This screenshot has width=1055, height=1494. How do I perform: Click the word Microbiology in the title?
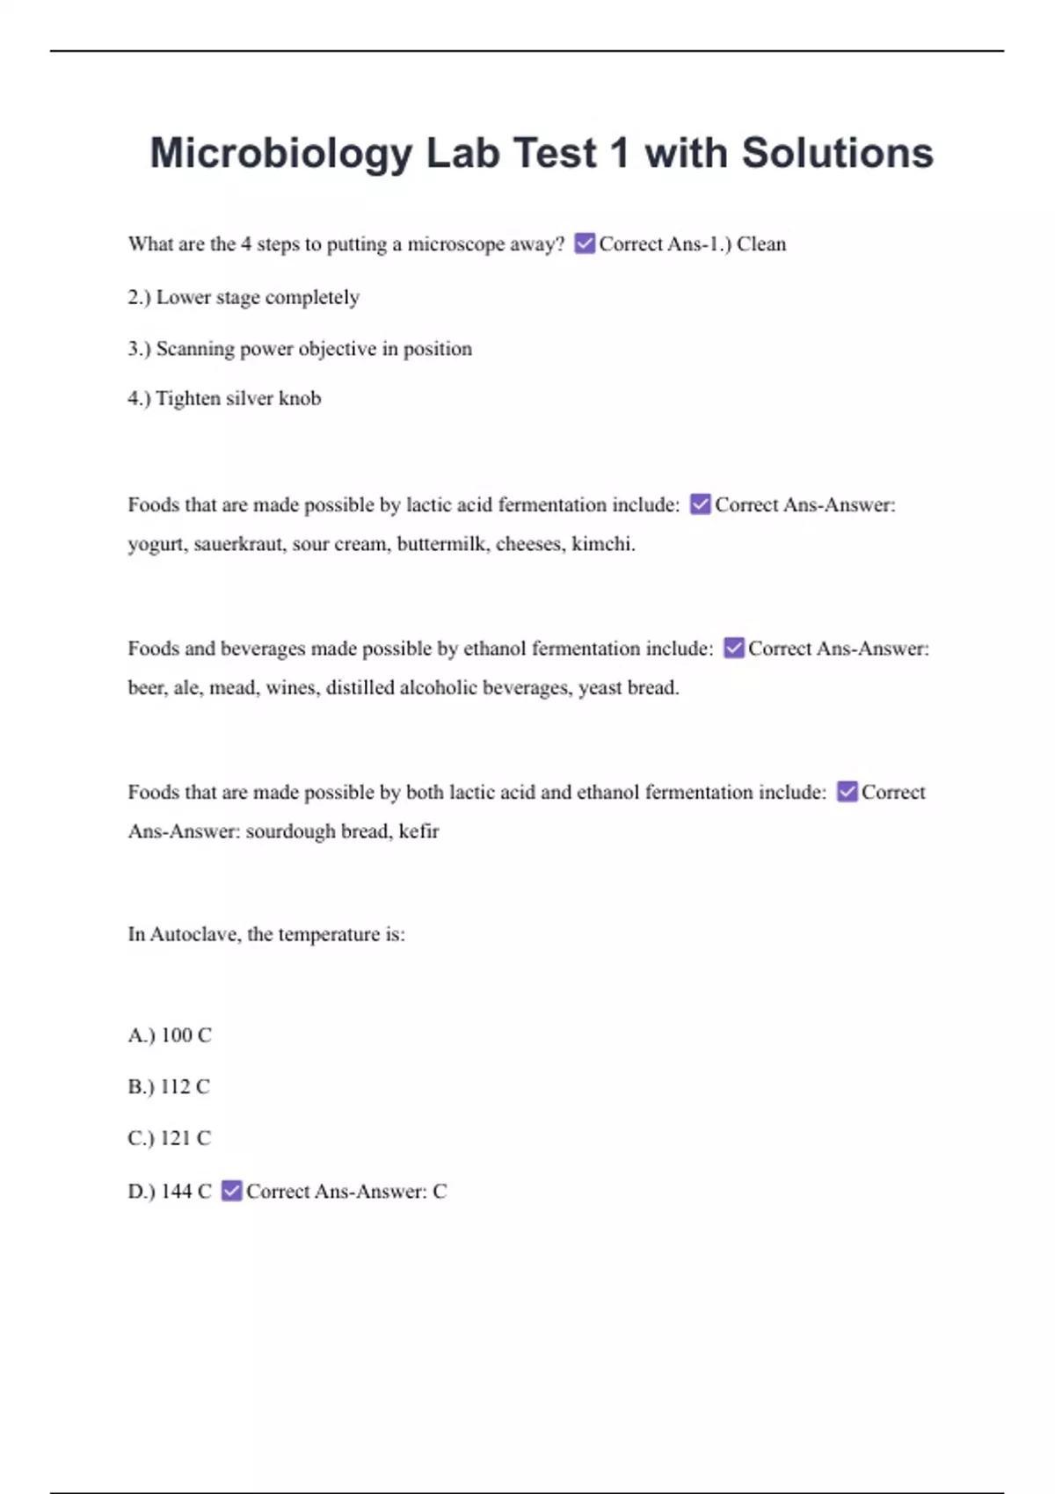pyautogui.click(x=280, y=154)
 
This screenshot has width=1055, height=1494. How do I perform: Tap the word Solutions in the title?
pyautogui.click(x=837, y=153)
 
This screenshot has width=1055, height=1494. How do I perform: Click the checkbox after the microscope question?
pyautogui.click(x=585, y=243)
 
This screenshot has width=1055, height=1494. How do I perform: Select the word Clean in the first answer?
pyautogui.click(x=761, y=244)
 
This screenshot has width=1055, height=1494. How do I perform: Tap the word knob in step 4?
pyautogui.click(x=300, y=398)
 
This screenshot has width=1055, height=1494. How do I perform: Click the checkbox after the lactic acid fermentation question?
pyautogui.click(x=700, y=504)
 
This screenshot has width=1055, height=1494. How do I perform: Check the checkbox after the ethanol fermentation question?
pyautogui.click(x=734, y=649)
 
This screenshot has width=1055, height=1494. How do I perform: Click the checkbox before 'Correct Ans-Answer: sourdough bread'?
pyautogui.click(x=847, y=792)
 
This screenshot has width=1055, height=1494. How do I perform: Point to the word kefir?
pyautogui.click(x=418, y=831)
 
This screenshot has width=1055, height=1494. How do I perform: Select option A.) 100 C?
pyautogui.click(x=170, y=1035)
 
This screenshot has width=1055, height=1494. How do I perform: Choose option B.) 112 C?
pyautogui.click(x=169, y=1087)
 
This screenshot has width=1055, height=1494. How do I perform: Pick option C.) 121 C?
pyautogui.click(x=170, y=1139)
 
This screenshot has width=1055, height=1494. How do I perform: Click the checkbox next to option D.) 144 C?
pyautogui.click(x=231, y=1191)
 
